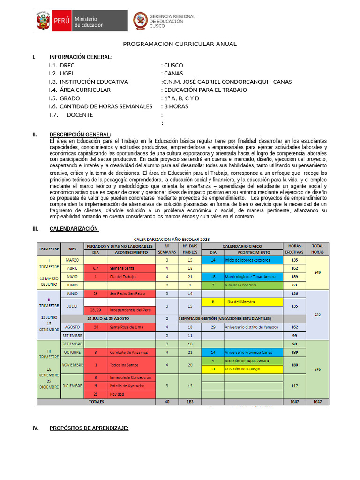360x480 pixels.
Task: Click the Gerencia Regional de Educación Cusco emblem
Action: (x=140, y=21)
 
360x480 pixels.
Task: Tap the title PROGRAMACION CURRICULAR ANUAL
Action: (x=180, y=44)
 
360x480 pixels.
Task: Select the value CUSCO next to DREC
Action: (x=173, y=66)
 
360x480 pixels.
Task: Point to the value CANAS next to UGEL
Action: (x=173, y=74)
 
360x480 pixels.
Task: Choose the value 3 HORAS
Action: (x=176, y=106)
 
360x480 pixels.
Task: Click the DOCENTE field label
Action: (x=80, y=115)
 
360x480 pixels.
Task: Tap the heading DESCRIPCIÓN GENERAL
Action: (x=80, y=135)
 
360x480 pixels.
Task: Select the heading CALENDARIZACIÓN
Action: (x=74, y=229)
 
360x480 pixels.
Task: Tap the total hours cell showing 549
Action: (x=317, y=272)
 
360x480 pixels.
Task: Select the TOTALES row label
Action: (x=96, y=402)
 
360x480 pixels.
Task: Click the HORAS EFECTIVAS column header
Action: (x=294, y=249)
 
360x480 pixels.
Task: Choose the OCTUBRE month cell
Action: (x=72, y=352)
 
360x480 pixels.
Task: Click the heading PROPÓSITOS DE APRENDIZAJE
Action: (x=89, y=428)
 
